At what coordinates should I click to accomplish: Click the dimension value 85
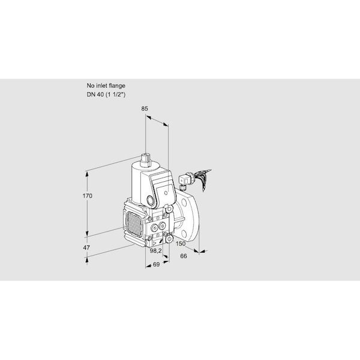pos(145,109)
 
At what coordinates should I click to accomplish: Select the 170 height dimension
pos(88,196)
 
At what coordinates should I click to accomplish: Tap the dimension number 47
pos(86,248)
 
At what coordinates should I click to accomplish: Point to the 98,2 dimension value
pos(155,251)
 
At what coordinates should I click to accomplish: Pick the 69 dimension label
pos(156,265)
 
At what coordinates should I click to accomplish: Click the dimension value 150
pos(181,244)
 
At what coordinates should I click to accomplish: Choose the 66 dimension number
pos(184,256)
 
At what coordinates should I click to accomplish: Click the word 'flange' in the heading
pos(117,86)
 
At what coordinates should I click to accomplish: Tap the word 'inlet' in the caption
pos(101,86)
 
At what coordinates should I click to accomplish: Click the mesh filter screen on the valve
pos(134,224)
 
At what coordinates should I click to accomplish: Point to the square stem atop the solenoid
pos(146,159)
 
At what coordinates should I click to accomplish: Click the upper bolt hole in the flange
pos(184,203)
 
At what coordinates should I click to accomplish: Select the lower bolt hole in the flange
pos(184,233)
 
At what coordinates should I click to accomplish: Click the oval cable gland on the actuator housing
pos(151,200)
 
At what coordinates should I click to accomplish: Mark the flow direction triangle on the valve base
pos(155,242)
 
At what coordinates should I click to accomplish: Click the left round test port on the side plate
pos(155,228)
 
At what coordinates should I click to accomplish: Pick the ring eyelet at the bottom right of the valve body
pos(169,239)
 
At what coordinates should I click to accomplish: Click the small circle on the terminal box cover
pos(166,193)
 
